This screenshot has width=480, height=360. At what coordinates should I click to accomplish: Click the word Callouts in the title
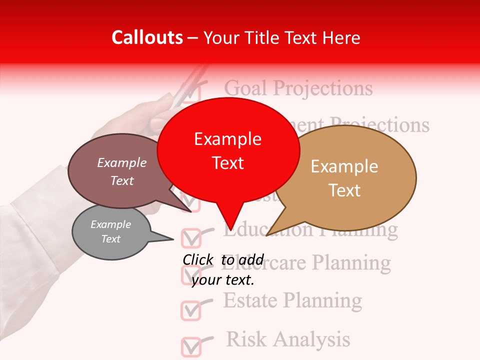[147, 37]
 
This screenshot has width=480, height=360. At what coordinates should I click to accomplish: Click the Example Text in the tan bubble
[344, 178]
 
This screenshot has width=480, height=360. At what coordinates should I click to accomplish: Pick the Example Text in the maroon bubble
[121, 171]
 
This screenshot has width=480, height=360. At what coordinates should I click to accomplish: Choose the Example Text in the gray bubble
[110, 231]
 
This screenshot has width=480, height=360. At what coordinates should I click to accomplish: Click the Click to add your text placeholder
[223, 270]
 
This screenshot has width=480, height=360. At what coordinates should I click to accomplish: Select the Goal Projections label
[298, 88]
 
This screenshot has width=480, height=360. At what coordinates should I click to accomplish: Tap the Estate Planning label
[292, 300]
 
